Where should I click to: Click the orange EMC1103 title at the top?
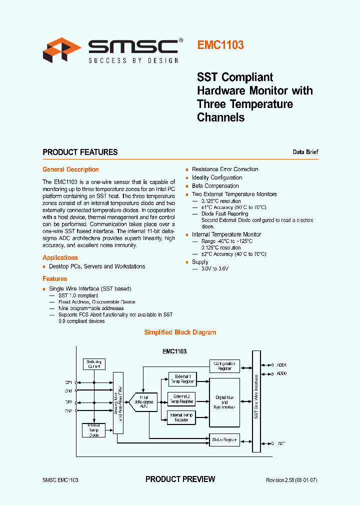coord(220,45)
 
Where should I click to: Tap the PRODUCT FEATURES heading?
coord(80,152)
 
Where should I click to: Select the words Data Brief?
coord(305,152)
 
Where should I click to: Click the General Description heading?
coord(70,169)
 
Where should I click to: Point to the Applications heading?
coord(60,257)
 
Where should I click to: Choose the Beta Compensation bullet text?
coord(215,186)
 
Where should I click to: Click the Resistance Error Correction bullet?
coord(224,169)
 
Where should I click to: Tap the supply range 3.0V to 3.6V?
coord(214,268)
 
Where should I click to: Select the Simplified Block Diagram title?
coord(180,332)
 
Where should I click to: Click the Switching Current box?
coord(94,364)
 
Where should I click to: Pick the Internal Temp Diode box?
coord(94,430)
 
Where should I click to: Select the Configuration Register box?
coord(224,366)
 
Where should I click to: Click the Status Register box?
coord(224,439)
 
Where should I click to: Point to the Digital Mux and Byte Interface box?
coord(224,402)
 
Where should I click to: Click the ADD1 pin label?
coord(281,365)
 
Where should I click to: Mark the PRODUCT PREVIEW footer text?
coord(180,479)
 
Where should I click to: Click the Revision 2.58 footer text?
coord(291,480)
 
